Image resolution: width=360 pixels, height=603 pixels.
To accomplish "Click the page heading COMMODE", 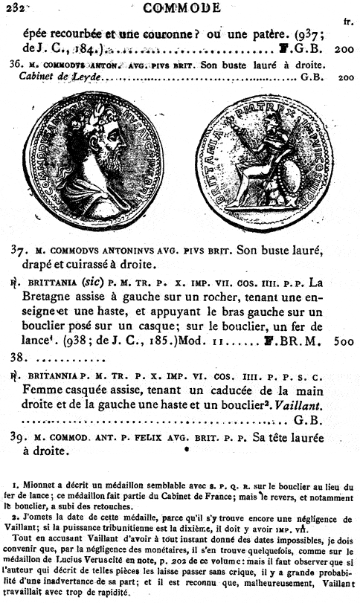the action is [181, 8].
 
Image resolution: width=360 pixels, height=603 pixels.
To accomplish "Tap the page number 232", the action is [13, 7].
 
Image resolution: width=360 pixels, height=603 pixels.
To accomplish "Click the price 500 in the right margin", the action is [344, 344].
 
